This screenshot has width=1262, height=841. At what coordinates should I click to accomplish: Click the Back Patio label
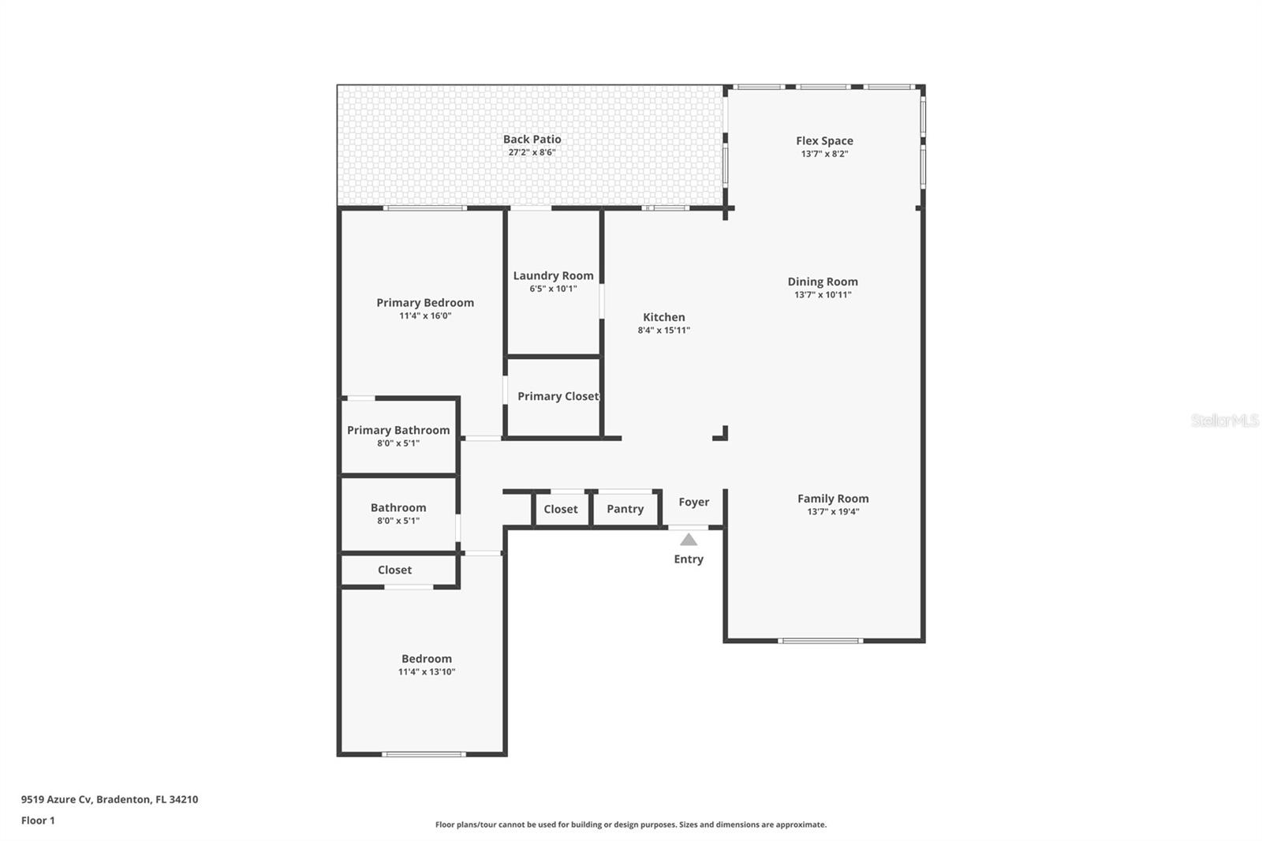[532, 139]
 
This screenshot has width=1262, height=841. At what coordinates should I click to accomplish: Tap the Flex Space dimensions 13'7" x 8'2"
[824, 154]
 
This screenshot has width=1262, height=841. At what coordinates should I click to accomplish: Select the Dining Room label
[822, 282]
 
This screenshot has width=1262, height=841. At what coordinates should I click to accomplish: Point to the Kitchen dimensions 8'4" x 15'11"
[663, 331]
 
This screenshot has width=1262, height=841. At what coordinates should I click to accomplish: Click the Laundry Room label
[553, 275]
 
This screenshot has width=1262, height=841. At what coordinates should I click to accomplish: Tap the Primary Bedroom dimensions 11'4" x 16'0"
[424, 316]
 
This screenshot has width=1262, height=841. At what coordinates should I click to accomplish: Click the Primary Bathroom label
[398, 430]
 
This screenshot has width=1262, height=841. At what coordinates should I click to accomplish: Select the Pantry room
[625, 509]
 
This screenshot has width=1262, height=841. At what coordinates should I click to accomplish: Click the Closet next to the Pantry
[560, 509]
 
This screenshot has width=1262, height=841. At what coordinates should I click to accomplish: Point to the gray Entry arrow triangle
[689, 540]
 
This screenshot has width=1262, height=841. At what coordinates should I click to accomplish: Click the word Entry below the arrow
[688, 559]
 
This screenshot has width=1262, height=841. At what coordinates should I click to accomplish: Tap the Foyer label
[693, 502]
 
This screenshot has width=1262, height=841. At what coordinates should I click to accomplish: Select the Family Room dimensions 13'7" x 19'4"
[832, 511]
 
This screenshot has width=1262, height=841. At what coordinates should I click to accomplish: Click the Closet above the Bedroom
[394, 570]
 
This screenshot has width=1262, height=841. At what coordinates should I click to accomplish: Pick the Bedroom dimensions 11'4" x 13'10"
[426, 672]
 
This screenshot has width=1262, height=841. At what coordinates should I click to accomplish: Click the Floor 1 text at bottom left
[38, 820]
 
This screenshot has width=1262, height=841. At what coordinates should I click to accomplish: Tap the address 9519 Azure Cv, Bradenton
[109, 799]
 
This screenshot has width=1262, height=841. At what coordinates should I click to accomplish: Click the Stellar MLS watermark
[1224, 420]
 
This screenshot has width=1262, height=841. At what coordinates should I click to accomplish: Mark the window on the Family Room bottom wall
[820, 641]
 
